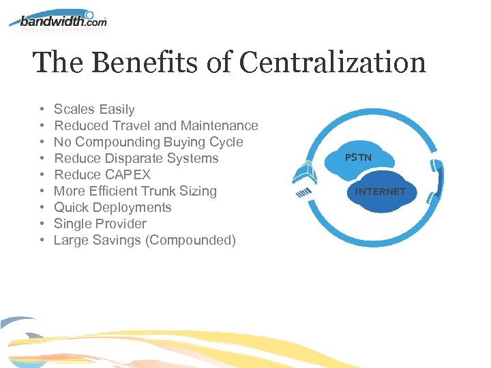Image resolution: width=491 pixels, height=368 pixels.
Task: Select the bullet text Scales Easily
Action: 94,109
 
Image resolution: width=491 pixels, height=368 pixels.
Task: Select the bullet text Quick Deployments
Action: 113,207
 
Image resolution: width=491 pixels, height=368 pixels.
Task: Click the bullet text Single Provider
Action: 100,224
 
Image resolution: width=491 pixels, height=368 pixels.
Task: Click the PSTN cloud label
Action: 358,157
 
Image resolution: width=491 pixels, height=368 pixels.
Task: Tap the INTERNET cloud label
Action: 381,191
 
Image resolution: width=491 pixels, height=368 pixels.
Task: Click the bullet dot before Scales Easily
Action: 42,109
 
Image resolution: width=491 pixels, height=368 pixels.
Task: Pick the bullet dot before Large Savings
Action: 42,240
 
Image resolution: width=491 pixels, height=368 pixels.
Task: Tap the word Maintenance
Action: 219,125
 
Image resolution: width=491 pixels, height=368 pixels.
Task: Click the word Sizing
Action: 197,191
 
